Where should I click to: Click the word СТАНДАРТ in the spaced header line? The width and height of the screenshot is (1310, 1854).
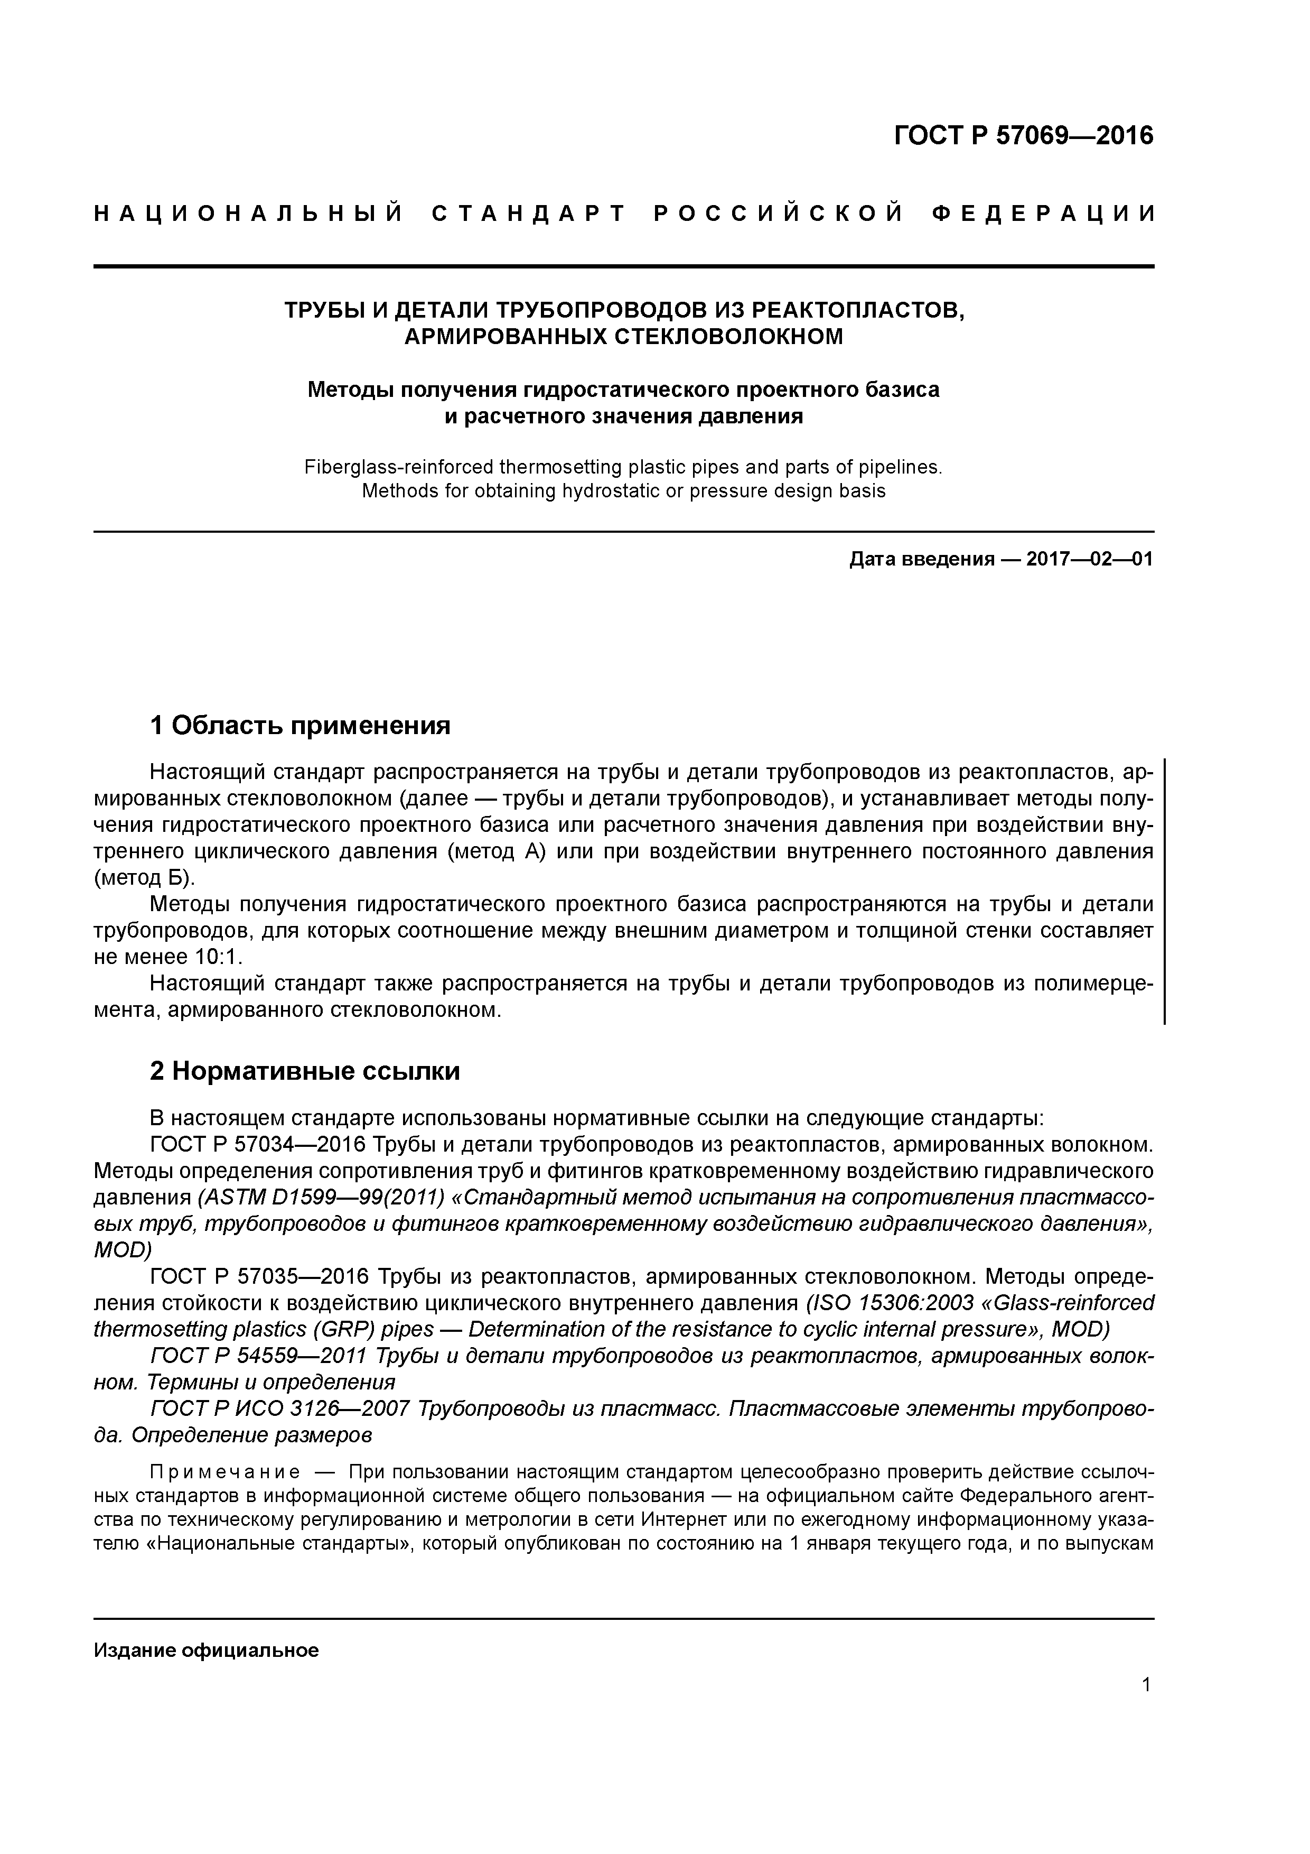(529, 214)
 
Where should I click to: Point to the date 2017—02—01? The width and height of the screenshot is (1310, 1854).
(1090, 559)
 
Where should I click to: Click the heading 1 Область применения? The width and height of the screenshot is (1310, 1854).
(300, 725)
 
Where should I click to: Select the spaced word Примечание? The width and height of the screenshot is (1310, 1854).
(225, 1472)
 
